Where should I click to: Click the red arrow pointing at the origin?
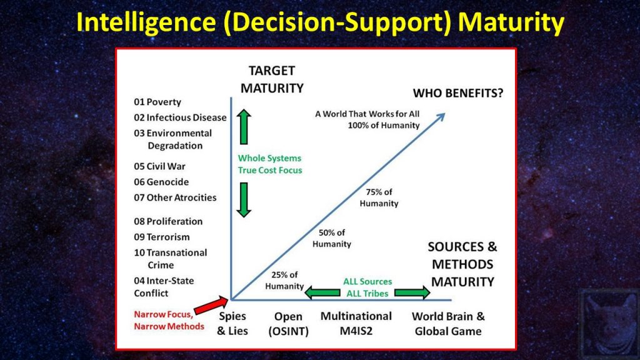(211, 306)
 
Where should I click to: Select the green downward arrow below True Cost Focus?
(244, 199)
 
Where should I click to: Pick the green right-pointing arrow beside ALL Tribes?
(412, 291)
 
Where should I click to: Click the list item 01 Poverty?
(157, 102)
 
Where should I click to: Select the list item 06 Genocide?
(161, 182)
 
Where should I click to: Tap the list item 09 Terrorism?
(162, 237)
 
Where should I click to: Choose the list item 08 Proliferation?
(168, 221)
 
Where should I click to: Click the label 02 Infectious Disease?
(181, 117)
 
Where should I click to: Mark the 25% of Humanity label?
(284, 281)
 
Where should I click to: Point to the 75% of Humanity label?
(379, 198)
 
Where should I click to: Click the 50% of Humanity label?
(332, 238)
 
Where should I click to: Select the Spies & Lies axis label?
(232, 323)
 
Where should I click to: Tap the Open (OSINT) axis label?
(288, 323)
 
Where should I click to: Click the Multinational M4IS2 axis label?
(356, 323)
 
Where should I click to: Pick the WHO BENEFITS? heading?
(458, 94)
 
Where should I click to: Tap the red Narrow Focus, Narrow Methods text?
(169, 320)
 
